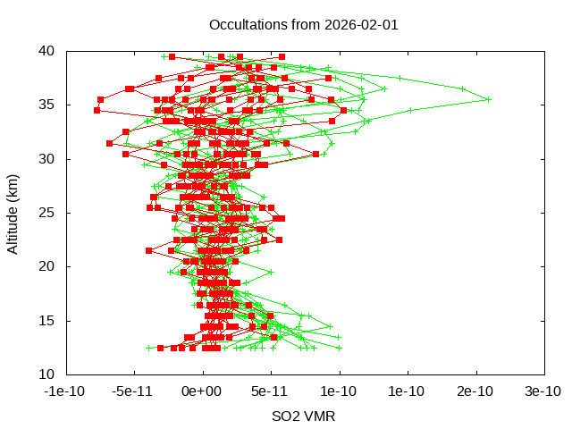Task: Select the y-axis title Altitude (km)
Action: tap(13, 213)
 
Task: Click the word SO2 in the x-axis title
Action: tap(286, 416)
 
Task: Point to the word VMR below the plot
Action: tap(320, 416)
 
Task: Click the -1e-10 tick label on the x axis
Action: tap(66, 391)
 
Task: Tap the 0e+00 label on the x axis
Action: tap(203, 391)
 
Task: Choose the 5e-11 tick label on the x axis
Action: tap(271, 391)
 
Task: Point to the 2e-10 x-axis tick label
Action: tap(476, 391)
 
